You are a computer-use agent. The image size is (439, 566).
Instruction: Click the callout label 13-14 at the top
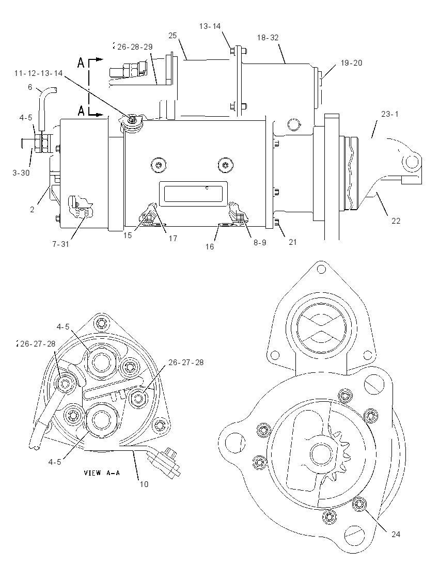[x=210, y=26]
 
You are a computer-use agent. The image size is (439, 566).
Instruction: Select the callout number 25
[x=173, y=35]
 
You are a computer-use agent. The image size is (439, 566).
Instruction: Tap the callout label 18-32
[x=268, y=38]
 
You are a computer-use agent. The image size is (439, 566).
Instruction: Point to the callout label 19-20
[x=351, y=63]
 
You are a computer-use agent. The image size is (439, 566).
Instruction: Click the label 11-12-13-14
[x=39, y=73]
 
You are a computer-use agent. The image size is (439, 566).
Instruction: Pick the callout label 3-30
[x=21, y=173]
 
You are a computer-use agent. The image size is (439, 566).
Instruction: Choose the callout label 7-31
[x=60, y=244]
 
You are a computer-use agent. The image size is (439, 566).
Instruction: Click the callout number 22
[x=396, y=221]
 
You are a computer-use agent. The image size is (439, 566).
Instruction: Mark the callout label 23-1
[x=390, y=114]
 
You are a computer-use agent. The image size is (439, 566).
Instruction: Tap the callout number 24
[x=396, y=534]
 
